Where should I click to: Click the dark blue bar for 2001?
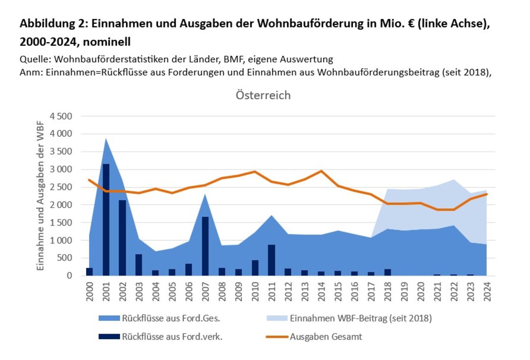[106, 220]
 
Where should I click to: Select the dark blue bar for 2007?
[205, 246]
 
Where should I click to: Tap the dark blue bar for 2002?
[122, 238]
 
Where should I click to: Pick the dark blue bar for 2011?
[271, 260]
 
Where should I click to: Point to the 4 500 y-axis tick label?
[61, 116]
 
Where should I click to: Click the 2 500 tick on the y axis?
[61, 187]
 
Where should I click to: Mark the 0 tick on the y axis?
[69, 276]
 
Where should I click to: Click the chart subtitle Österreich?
[263, 95]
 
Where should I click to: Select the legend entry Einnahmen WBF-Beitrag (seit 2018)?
[361, 318]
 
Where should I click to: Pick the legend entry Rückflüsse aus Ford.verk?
[172, 336]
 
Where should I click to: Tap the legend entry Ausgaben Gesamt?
[325, 336]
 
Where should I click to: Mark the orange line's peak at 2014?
[321, 171]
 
